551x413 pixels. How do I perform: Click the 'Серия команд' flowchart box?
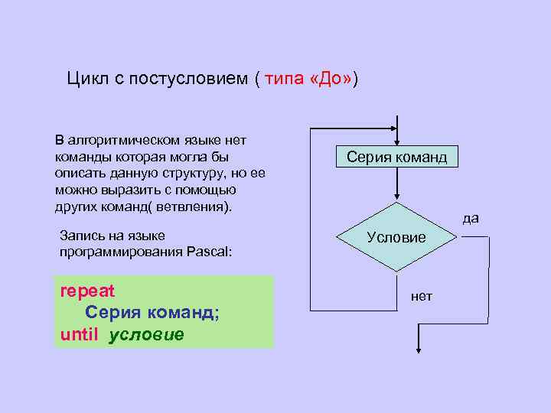(x=396, y=158)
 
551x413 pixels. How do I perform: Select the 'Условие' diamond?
(x=396, y=237)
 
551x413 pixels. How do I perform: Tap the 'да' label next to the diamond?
(x=471, y=218)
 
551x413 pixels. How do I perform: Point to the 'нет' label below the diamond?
(x=421, y=296)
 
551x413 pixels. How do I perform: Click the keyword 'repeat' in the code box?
(x=87, y=291)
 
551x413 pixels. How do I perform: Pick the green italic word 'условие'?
(x=146, y=334)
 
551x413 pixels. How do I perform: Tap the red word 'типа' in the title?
(x=285, y=79)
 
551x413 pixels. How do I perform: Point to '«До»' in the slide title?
(x=331, y=79)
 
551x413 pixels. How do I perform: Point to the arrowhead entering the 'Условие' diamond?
(x=396, y=197)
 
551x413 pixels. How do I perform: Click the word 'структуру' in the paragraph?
(x=184, y=174)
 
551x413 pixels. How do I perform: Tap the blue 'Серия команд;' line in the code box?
(x=152, y=313)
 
